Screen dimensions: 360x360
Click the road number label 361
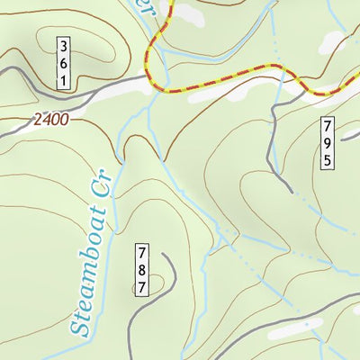tap(64, 62)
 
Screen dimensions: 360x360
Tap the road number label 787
tap(142, 269)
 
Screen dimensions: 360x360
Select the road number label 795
tap(328, 143)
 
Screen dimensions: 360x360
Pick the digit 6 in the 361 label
tap(64, 62)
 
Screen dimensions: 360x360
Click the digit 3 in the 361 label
tap(64, 46)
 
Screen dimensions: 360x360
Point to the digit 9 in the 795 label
tap(328, 143)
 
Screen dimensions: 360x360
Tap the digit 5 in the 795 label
tap(328, 159)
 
